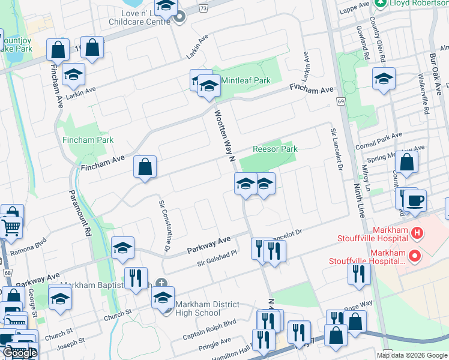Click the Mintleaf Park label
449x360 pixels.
(246, 80)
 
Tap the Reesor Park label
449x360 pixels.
(275, 149)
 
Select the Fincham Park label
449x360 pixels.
(88, 140)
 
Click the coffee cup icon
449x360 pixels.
(414, 200)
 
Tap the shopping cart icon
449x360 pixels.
(11, 227)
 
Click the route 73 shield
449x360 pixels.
(204, 8)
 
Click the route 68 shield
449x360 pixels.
(7, 273)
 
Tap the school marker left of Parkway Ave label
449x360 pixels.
(122, 248)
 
